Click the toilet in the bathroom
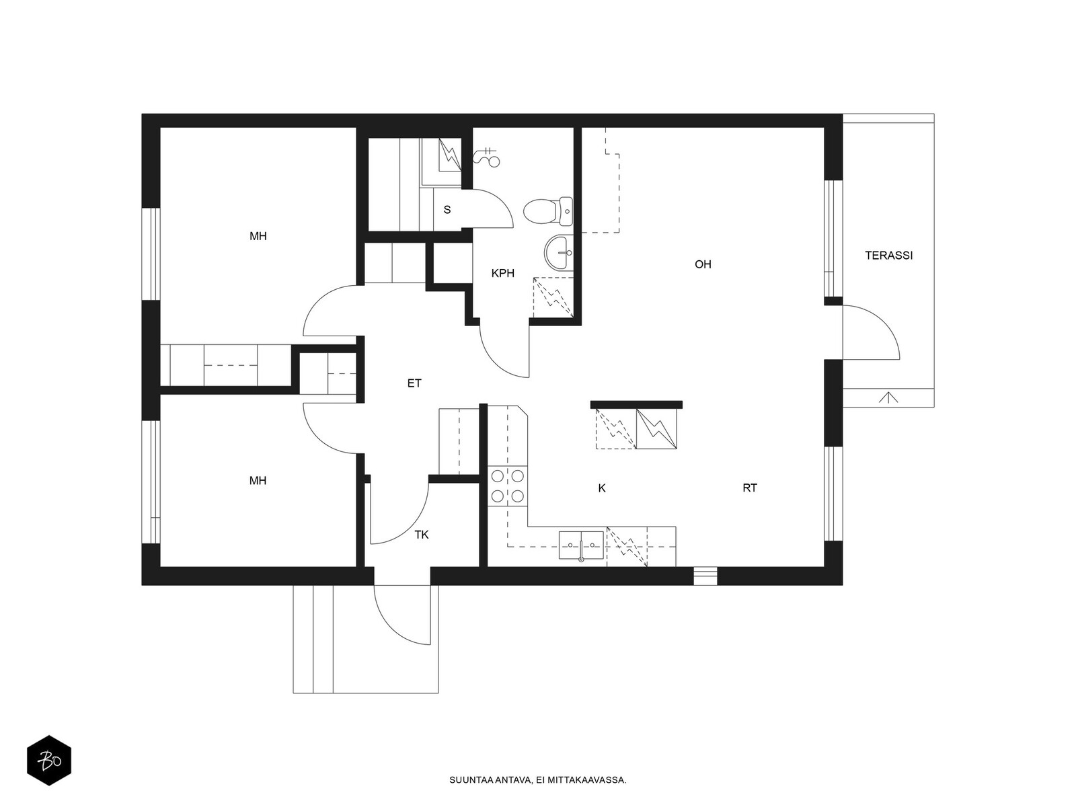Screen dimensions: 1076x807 pyautogui.click(x=547, y=212)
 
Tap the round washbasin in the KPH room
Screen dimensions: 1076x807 pyautogui.click(x=558, y=252)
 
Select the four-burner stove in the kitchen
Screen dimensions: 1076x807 pyautogui.click(x=508, y=486)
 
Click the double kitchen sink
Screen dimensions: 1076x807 pyautogui.click(x=581, y=545)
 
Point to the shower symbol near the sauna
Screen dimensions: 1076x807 pyautogui.click(x=486, y=156)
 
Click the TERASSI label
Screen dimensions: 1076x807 pyautogui.click(x=889, y=256)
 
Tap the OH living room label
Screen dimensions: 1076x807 pyautogui.click(x=703, y=264)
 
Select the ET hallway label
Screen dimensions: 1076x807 pyautogui.click(x=414, y=383)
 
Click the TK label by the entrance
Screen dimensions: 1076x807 pyautogui.click(x=422, y=535)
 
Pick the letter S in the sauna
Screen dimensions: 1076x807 pyautogui.click(x=447, y=210)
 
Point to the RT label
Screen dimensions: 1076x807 pyautogui.click(x=750, y=488)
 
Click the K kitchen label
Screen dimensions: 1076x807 pyautogui.click(x=602, y=488)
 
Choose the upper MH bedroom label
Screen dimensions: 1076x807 pyautogui.click(x=258, y=236)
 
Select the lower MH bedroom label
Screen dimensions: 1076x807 pyautogui.click(x=258, y=481)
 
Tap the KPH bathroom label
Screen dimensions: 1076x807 pyautogui.click(x=503, y=274)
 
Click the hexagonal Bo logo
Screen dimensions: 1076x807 pyautogui.click(x=49, y=761)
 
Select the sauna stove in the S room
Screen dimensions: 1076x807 pyautogui.click(x=449, y=155)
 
